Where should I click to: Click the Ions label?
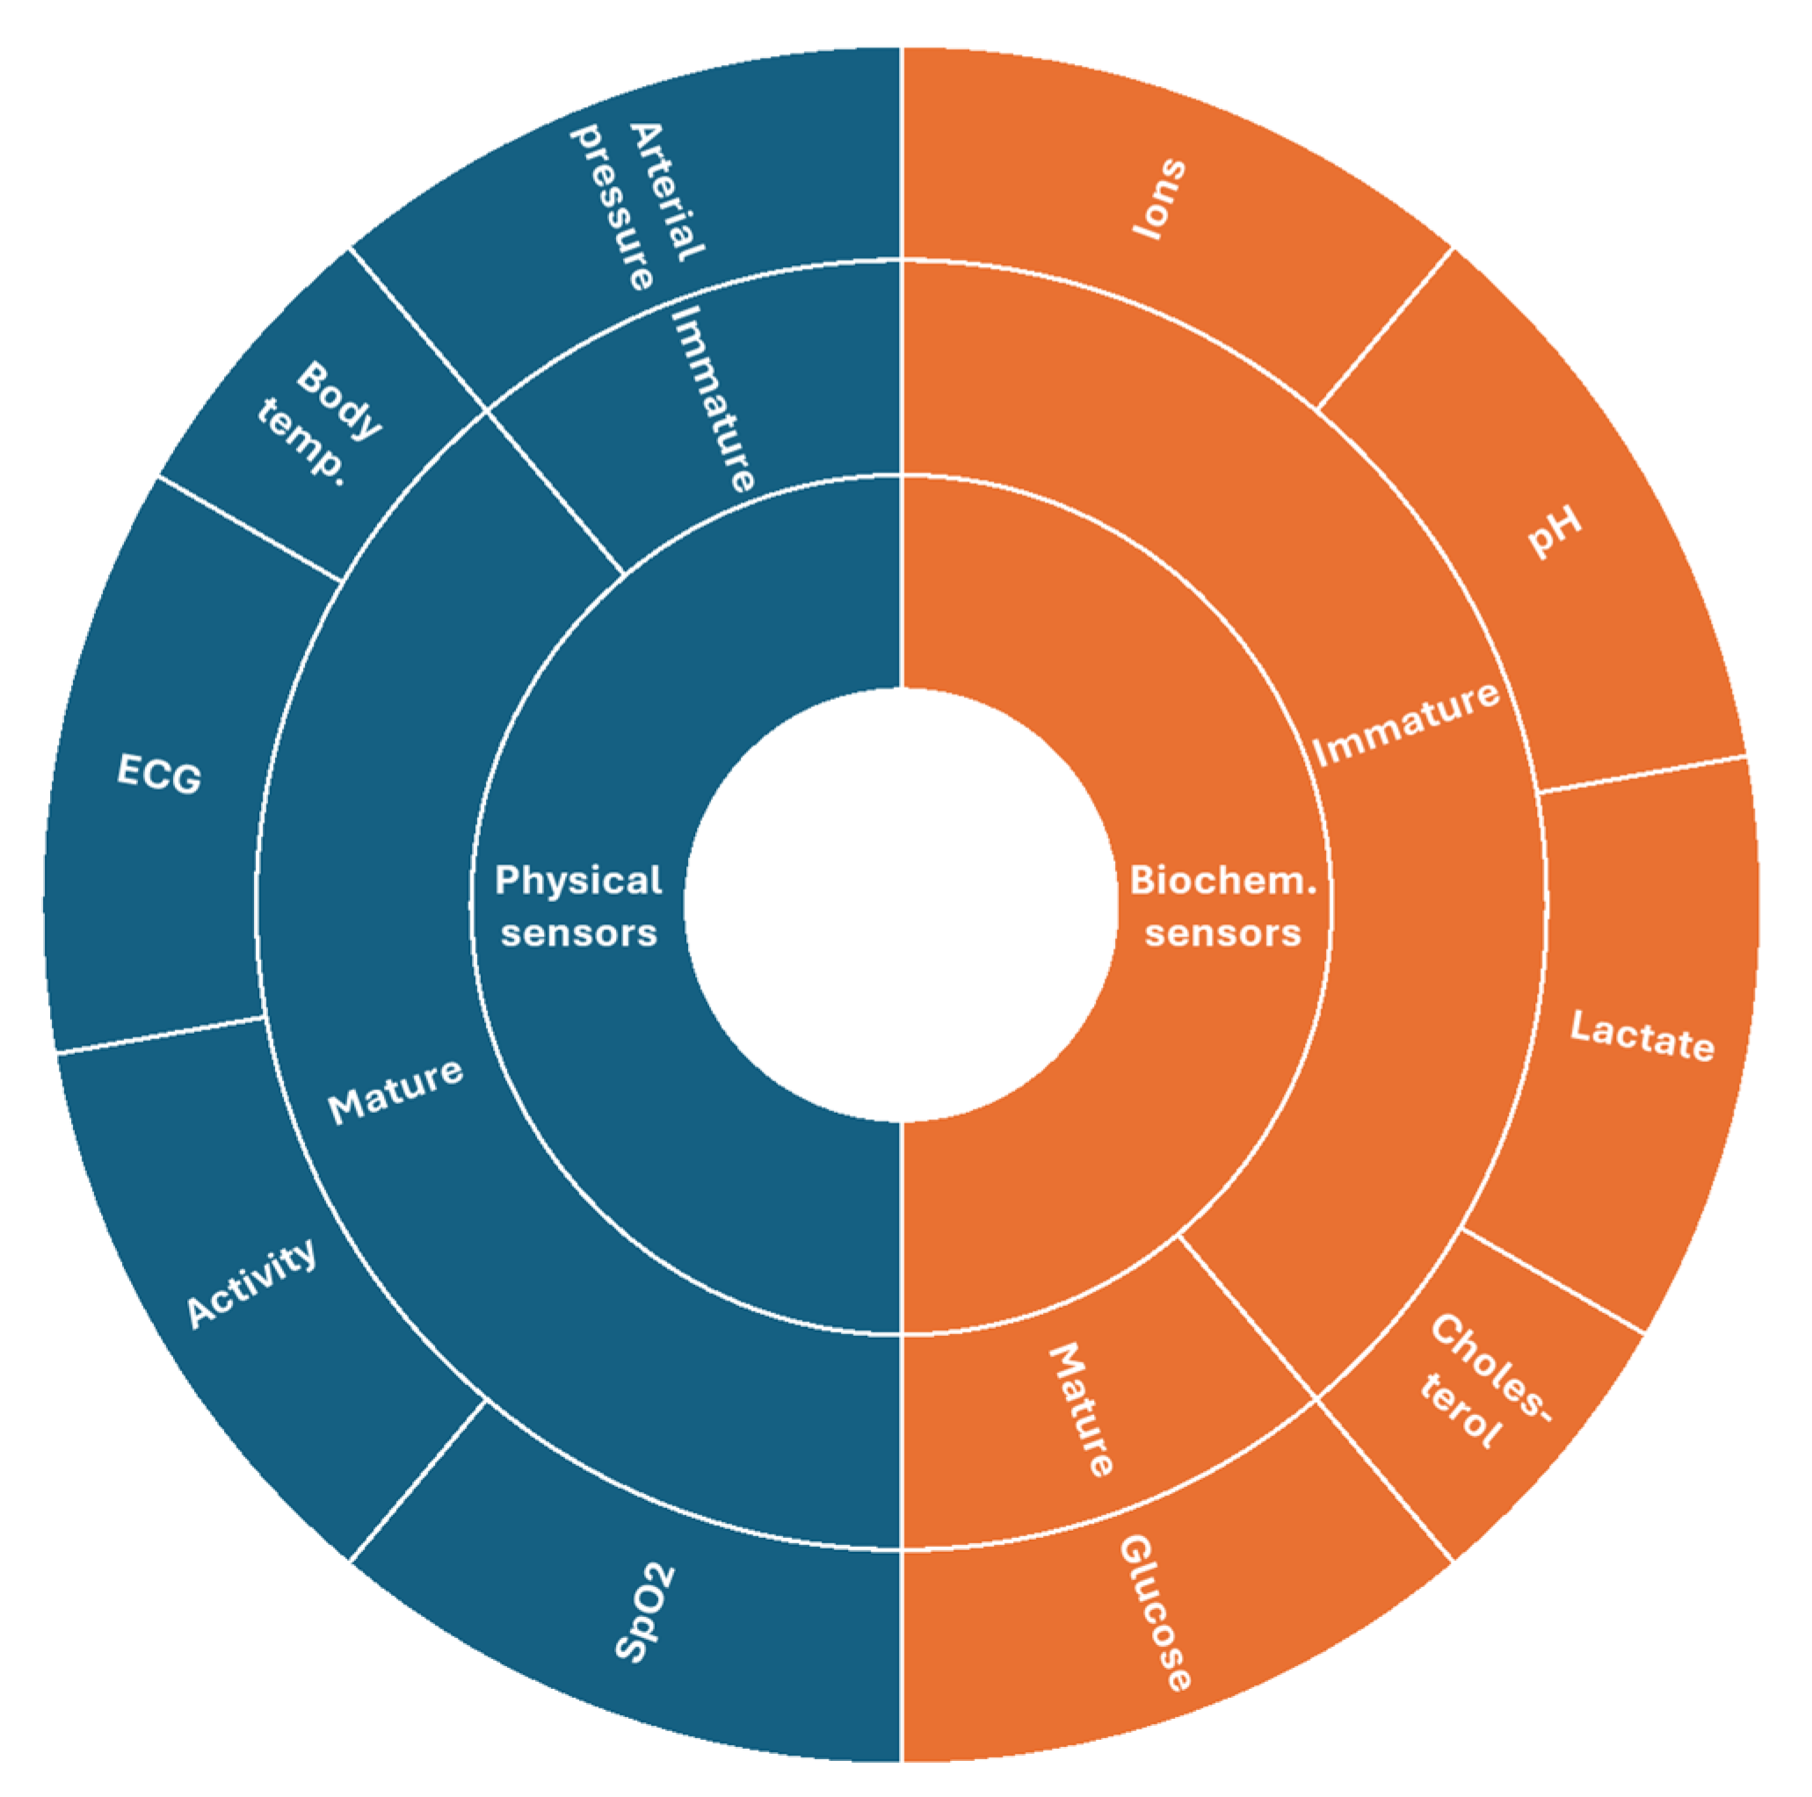coord(1160,198)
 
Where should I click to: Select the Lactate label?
coord(1642,1036)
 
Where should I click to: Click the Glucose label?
coord(1156,1612)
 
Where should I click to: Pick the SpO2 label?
coord(645,1613)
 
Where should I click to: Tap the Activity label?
coord(251,1283)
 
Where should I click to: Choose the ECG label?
coord(158,775)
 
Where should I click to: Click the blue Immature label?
coord(714,398)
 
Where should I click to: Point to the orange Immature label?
coord(1406,723)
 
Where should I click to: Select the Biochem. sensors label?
coord(1223,906)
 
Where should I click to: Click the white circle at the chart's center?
coord(901,905)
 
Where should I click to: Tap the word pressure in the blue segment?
coord(611,208)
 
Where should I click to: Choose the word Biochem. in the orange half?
coord(1223,879)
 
